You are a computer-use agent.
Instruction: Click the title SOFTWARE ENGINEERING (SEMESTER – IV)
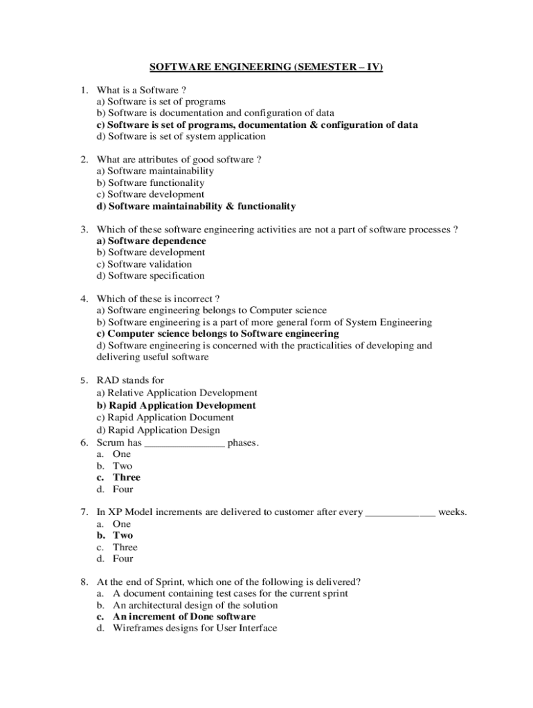266,67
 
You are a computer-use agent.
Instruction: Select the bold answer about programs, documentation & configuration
257,125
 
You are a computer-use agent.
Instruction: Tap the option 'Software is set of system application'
181,136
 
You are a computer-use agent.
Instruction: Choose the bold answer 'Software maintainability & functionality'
196,206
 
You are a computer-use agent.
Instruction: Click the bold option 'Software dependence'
151,241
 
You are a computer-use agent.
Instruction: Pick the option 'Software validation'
144,264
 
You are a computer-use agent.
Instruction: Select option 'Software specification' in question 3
150,276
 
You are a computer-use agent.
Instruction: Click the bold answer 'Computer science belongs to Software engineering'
217,334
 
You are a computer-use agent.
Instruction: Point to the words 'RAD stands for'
130,380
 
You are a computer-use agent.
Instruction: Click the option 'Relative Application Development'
177,393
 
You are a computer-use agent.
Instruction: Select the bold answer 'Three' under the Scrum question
126,478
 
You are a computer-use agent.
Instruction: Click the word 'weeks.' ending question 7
453,512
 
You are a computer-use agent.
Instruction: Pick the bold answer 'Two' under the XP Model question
123,536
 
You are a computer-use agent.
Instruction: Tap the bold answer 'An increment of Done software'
183,617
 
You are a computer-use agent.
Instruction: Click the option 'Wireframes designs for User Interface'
195,628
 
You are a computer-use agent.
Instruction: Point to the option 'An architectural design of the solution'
195,605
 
